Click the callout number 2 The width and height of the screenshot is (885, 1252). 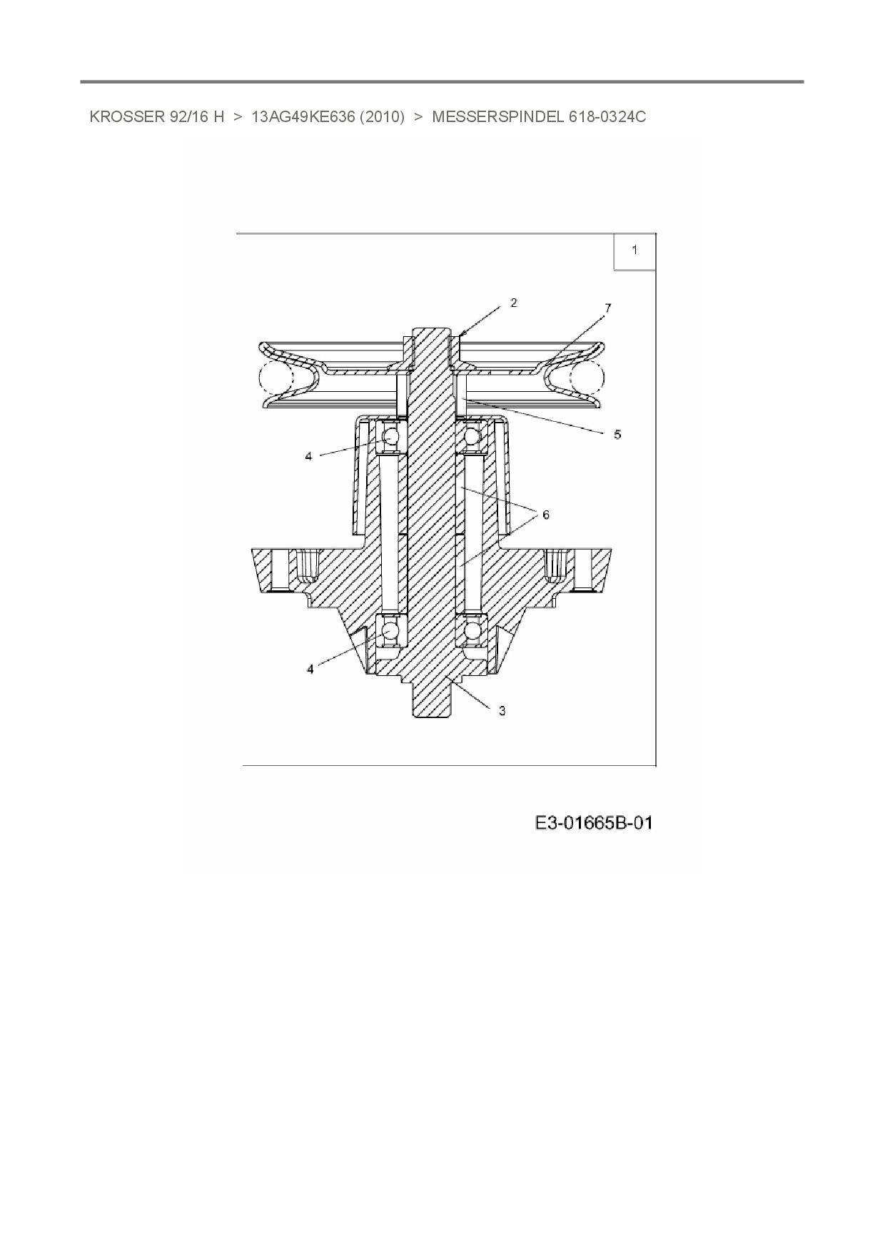click(514, 303)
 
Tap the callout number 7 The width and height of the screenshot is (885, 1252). click(607, 308)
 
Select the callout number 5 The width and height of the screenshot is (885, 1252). click(617, 434)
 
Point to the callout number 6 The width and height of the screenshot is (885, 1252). click(546, 515)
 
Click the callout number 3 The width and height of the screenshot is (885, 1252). click(502, 710)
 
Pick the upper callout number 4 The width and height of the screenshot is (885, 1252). click(308, 455)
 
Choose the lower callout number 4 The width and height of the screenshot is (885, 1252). click(310, 669)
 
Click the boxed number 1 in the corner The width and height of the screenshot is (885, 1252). click(634, 251)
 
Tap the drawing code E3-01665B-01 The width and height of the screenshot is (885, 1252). click(594, 823)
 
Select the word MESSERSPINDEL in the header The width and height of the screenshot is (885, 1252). click(498, 117)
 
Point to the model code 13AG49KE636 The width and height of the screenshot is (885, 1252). click(303, 117)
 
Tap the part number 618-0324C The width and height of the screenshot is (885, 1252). click(607, 117)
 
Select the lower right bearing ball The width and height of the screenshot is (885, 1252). click(472, 632)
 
